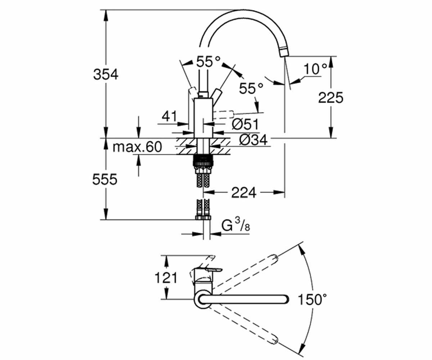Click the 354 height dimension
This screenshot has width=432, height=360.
[x=106, y=75]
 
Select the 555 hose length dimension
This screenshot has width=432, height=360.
[x=105, y=179]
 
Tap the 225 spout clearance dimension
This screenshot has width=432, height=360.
[x=330, y=98]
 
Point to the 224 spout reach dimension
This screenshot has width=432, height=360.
[x=244, y=193]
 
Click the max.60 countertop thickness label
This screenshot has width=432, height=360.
[x=137, y=147]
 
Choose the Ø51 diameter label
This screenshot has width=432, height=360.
[x=245, y=124]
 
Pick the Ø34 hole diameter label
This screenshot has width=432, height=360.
[x=253, y=140]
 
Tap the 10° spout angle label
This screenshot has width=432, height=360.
[x=315, y=69]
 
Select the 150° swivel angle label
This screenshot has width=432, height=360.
[x=312, y=300]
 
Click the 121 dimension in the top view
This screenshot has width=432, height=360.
[x=166, y=278]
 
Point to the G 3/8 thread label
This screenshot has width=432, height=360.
[x=236, y=225]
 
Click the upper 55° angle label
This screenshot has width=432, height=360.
[x=208, y=62]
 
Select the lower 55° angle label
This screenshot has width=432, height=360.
[x=251, y=88]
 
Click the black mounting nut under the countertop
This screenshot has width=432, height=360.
[x=203, y=160]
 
